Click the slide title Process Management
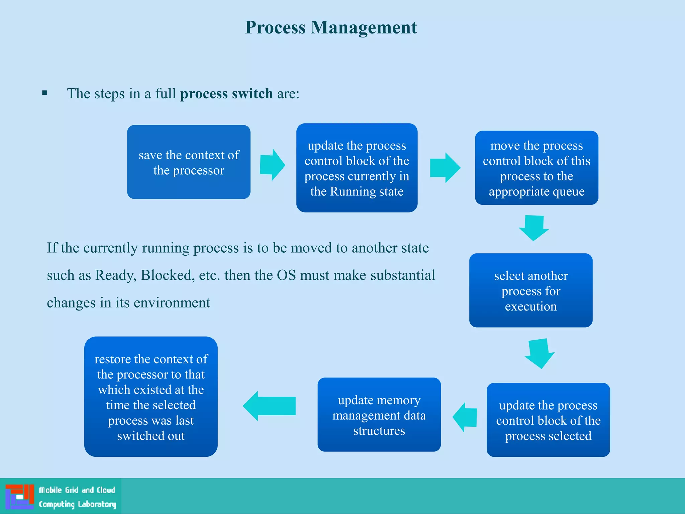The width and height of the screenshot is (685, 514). click(331, 27)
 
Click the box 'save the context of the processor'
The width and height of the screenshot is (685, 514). click(189, 162)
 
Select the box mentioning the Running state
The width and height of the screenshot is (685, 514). click(357, 168)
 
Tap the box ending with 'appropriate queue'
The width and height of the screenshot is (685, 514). click(536, 168)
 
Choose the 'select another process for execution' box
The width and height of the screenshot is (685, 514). click(531, 290)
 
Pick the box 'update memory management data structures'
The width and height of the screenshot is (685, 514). click(379, 415)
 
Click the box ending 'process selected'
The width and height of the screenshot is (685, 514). click(548, 420)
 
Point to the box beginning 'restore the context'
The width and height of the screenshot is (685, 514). click(151, 397)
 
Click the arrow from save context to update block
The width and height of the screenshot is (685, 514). click(272, 165)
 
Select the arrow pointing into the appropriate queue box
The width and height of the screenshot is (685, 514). click(445, 168)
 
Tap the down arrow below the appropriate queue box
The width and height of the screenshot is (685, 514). click(534, 228)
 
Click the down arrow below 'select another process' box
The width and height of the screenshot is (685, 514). click(539, 353)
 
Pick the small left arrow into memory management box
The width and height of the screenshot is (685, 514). click(465, 417)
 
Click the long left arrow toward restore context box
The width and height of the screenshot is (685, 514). click(270, 406)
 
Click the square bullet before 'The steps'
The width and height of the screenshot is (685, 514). click(45, 93)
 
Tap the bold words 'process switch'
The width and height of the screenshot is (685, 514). click(226, 94)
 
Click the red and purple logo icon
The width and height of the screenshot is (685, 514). click(20, 497)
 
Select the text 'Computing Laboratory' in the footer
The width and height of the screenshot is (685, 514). click(77, 504)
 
